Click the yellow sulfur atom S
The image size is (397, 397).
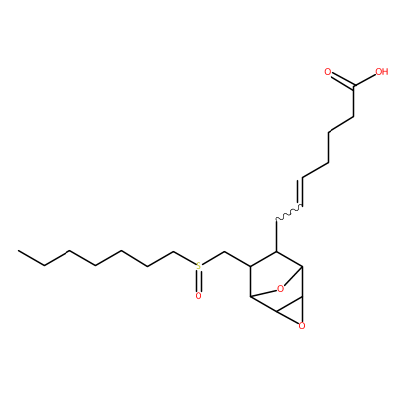tap(198, 266)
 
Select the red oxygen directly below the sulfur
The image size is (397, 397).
tap(198, 296)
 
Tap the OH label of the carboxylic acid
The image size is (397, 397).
tap(381, 72)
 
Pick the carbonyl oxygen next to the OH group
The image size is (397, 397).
tap(328, 72)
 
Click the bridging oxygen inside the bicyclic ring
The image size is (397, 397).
tap(280, 289)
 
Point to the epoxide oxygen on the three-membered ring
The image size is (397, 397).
tap(302, 326)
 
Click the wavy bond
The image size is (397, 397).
tap(289, 212)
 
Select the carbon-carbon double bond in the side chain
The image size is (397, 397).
tap(301, 192)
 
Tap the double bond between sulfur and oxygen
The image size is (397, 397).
tap(198, 281)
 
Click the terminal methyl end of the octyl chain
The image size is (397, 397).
tap(19, 251)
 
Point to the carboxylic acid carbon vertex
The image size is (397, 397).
tap(354, 87)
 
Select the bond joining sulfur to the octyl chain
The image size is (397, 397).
tap(185, 259)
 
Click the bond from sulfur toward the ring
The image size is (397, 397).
tap(213, 259)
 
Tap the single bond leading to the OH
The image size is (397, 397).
tap(365, 81)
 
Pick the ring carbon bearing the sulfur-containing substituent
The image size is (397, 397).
tap(250, 266)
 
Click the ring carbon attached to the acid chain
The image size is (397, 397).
tap(276, 252)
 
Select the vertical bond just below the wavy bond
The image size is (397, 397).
tap(276, 235)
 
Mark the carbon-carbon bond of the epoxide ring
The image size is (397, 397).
tap(289, 304)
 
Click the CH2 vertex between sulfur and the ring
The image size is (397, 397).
tap(224, 252)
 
